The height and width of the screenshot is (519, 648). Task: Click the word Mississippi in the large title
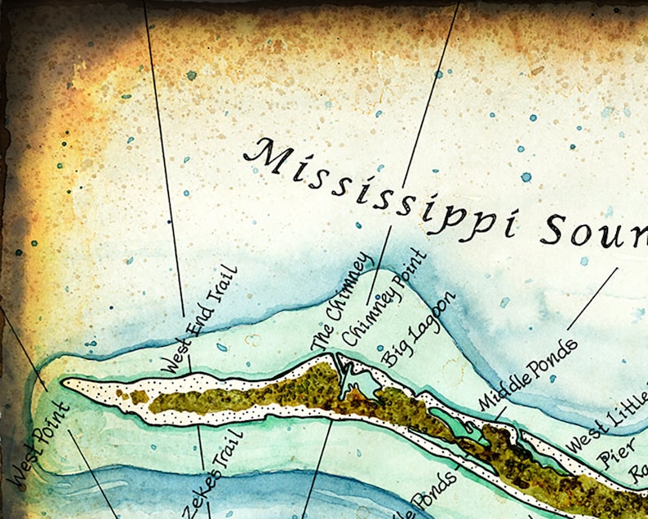(x=384, y=184)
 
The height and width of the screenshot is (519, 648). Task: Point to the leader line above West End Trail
(x=163, y=163)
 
